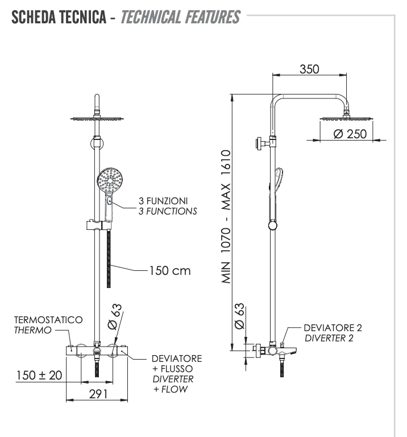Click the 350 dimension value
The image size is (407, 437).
[x=309, y=69]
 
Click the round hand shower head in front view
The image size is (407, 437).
[x=109, y=182]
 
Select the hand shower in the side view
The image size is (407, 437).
[x=277, y=188]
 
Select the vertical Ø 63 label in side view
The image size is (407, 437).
[x=239, y=316]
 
